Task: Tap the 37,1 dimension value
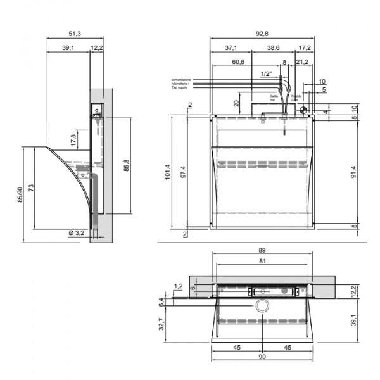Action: (231, 47)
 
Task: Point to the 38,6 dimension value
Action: (272, 47)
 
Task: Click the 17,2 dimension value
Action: (305, 47)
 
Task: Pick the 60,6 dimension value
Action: (238, 61)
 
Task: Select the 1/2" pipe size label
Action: (266, 74)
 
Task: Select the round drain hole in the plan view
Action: (262, 306)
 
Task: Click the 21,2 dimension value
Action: (302, 61)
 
